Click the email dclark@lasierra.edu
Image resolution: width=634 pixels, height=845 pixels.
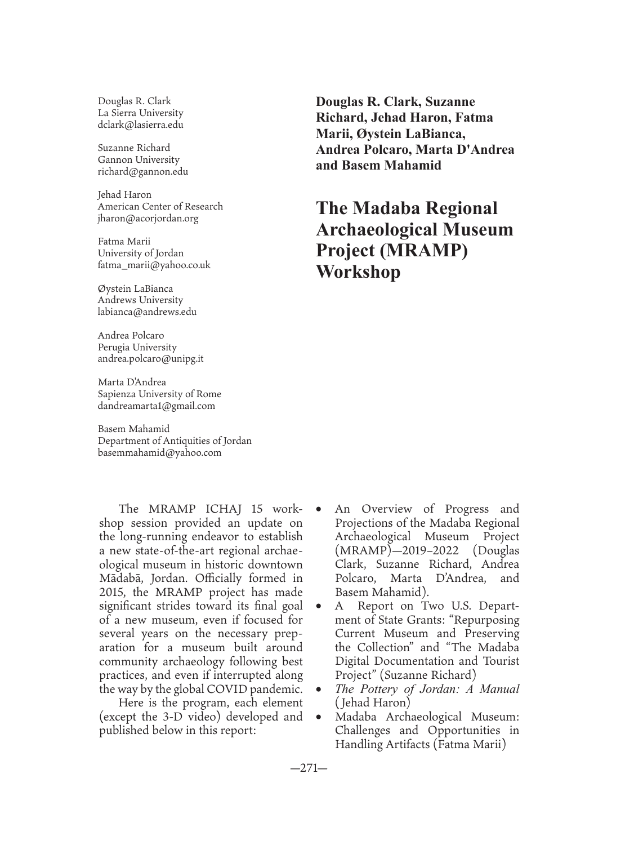(140, 125)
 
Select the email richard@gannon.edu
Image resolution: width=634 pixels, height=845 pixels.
(142, 172)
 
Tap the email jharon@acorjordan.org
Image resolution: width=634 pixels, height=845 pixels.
(148, 219)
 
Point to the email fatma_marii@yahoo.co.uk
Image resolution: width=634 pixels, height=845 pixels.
(154, 265)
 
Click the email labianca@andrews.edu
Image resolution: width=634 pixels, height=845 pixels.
(147, 312)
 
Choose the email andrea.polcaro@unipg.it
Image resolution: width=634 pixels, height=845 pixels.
(150, 358)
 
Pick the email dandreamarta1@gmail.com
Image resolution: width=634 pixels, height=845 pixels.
(156, 406)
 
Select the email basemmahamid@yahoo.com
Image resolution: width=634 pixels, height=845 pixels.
(159, 452)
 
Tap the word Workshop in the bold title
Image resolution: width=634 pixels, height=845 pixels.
(358, 272)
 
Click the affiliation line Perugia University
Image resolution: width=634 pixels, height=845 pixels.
(137, 347)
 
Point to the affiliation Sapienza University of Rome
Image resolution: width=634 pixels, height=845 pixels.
(159, 394)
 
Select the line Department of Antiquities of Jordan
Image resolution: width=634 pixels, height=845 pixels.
(175, 441)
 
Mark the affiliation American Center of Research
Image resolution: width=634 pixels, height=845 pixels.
(160, 206)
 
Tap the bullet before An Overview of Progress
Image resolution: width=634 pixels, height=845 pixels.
(319, 509)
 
